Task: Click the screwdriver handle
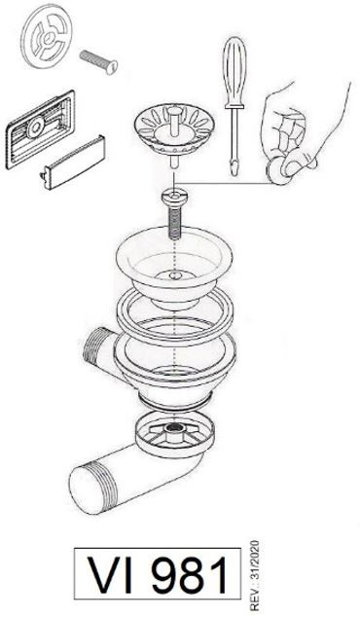[234, 71]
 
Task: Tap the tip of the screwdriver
[234, 172]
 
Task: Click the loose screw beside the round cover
[98, 61]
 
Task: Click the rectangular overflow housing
[40, 129]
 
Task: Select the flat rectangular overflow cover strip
[73, 163]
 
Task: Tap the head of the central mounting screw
[174, 197]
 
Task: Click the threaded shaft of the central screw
[174, 223]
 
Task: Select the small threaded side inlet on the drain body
[99, 345]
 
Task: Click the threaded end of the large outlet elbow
[92, 488]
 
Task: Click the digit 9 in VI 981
[164, 575]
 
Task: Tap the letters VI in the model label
[110, 575]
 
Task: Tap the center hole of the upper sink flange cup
[175, 274]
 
